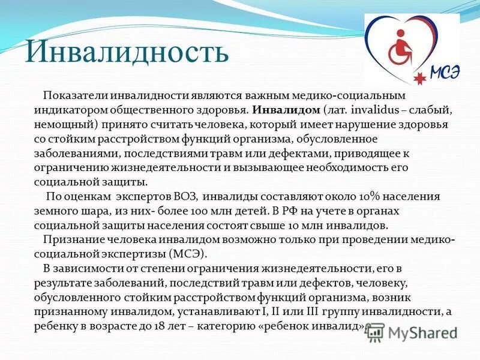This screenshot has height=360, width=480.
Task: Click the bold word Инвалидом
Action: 286,110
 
